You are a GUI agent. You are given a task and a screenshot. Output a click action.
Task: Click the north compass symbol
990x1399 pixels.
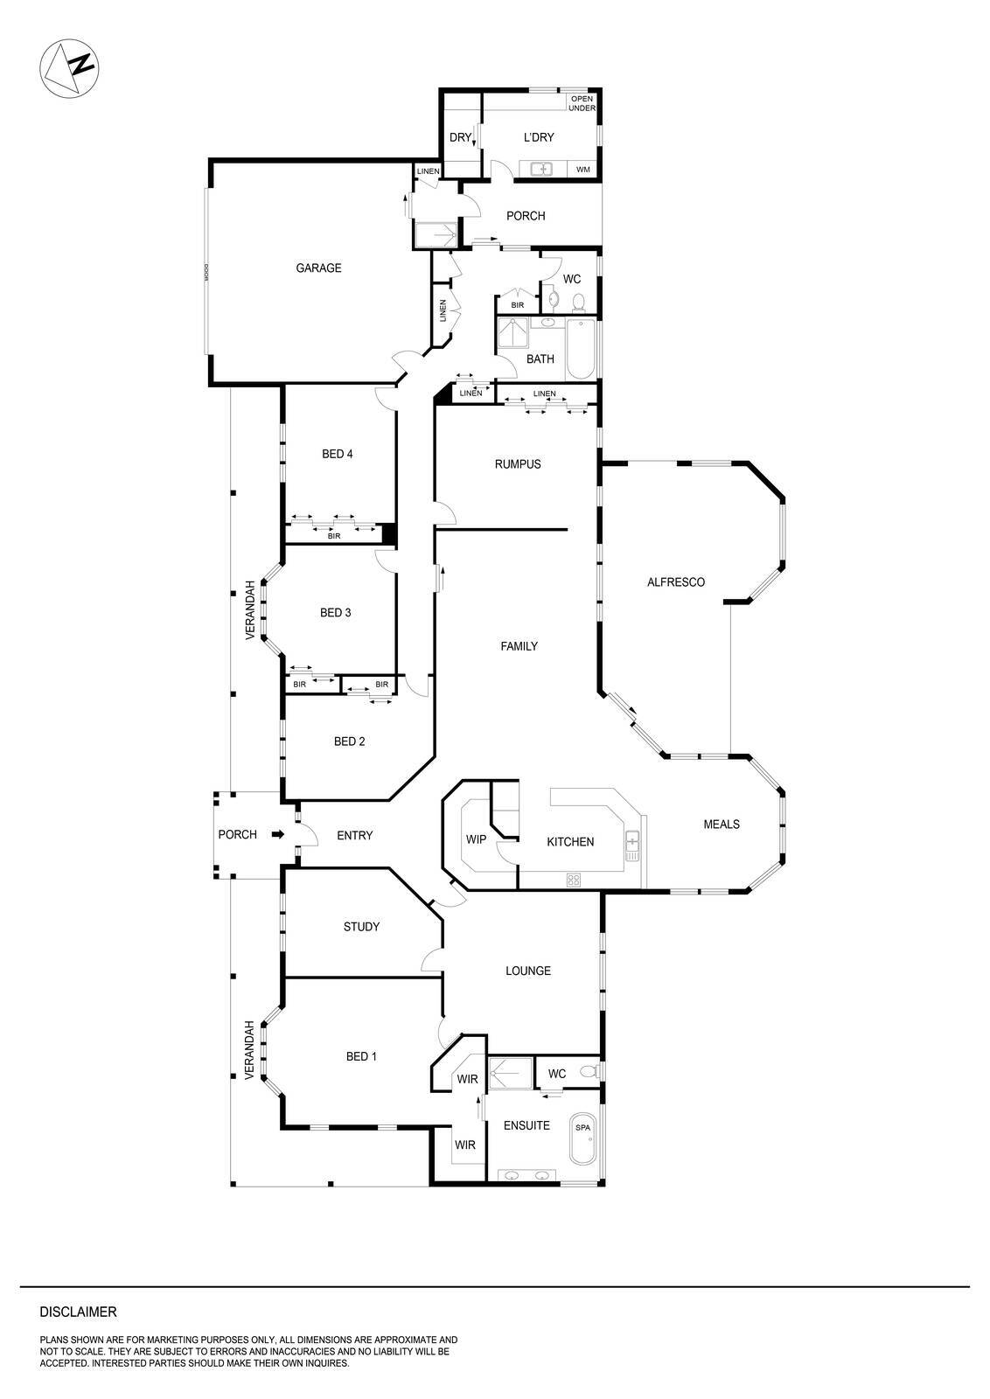[x=70, y=68]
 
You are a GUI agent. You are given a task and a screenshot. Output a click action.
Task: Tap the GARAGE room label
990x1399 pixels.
[x=318, y=268]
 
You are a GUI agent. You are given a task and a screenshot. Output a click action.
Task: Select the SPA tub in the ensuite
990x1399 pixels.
[x=582, y=1138]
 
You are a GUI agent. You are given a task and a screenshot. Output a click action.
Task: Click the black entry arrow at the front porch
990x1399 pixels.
[x=278, y=834]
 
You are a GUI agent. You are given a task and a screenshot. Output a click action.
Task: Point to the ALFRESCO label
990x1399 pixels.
[x=675, y=582]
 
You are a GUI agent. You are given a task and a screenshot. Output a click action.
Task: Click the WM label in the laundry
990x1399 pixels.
[x=582, y=170]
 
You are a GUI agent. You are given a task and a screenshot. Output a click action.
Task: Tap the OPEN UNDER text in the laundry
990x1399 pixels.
[x=582, y=103]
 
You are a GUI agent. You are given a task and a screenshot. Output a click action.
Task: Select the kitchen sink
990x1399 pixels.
[x=632, y=841]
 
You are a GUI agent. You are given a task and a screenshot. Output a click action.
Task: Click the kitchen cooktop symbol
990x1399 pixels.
[x=574, y=880]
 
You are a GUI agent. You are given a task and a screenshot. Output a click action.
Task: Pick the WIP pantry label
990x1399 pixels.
[x=476, y=839]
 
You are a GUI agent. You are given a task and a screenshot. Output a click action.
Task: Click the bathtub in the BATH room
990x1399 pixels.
[x=581, y=349]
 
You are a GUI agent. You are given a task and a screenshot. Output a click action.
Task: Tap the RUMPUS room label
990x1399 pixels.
[x=518, y=464]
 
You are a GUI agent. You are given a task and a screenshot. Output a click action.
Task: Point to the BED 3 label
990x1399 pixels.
[x=336, y=613]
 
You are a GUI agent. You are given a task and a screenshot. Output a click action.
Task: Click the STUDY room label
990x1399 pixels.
[x=361, y=927]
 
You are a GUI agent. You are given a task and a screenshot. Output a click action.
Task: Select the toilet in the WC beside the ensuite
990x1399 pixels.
[x=590, y=1072]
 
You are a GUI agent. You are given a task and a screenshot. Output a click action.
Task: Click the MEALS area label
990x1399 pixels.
[x=722, y=825]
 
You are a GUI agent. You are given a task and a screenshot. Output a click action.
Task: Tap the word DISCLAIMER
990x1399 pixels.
[x=79, y=1312]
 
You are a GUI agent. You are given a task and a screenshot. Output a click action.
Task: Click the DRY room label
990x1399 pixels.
[x=459, y=137]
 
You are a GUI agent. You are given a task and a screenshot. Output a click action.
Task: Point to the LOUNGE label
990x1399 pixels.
[x=528, y=971]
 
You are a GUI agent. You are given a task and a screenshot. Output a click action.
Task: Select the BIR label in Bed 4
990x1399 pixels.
[x=334, y=535]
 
